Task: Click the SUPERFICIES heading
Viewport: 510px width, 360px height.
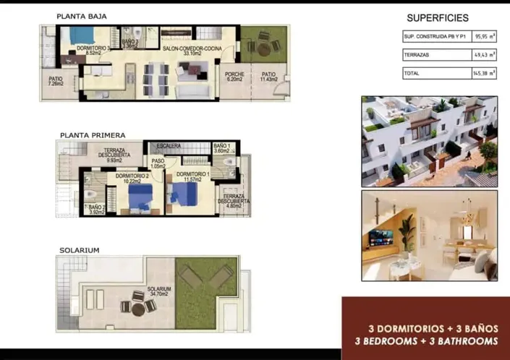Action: [x=438, y=18]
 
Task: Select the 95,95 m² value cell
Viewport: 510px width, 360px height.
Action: [x=483, y=35]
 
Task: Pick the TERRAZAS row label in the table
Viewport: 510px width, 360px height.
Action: [x=417, y=54]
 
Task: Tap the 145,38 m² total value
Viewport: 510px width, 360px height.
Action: [x=483, y=73]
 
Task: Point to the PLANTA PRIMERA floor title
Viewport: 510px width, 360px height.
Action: [x=93, y=134]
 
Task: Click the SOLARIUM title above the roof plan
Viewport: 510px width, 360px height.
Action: [x=80, y=250]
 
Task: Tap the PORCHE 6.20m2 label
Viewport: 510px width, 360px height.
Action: [x=234, y=77]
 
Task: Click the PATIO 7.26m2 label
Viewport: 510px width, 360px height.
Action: [x=56, y=82]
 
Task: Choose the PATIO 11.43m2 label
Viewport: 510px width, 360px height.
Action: [x=268, y=77]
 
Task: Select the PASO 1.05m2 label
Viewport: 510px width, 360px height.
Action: [x=158, y=163]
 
